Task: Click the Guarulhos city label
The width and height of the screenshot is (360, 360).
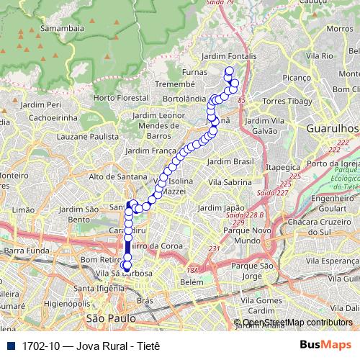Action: (x=332, y=127)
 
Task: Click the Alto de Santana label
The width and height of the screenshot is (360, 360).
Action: (x=117, y=176)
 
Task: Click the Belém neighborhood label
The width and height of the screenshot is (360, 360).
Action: (x=192, y=283)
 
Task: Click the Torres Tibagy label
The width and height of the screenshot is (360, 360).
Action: (x=285, y=101)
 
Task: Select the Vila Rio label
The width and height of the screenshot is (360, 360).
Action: (x=318, y=55)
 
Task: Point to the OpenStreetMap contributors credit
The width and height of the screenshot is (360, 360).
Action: (x=297, y=323)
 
